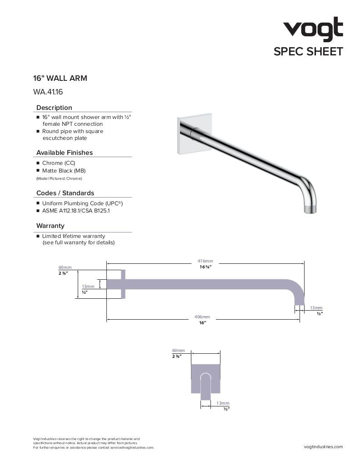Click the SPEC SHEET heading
click(308, 51)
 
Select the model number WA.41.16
click(48, 92)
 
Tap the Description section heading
click(54, 108)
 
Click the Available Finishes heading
click(64, 153)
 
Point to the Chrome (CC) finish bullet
click(59, 163)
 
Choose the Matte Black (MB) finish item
click(64, 171)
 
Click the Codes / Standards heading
click(65, 193)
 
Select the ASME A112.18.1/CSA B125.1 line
click(75, 211)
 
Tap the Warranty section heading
click(50, 226)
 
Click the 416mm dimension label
click(205, 261)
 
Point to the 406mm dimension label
click(203, 317)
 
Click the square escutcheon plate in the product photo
click(186, 135)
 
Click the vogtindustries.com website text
click(323, 447)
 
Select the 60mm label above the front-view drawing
click(178, 351)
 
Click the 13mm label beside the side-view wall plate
click(88, 287)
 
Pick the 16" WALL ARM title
click(60, 78)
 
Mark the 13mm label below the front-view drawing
click(223, 403)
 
